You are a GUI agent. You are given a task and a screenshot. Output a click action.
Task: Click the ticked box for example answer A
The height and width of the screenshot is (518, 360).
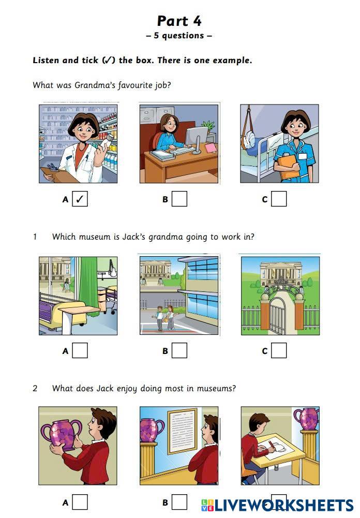[80, 199]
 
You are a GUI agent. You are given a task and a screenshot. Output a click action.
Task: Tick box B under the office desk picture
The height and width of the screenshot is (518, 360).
[179, 199]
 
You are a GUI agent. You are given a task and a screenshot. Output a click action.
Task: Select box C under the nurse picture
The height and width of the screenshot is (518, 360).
[279, 199]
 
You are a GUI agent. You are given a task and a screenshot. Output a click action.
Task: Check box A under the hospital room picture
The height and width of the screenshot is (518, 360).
[80, 350]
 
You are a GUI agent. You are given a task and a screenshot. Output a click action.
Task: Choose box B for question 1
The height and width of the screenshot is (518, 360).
[179, 350]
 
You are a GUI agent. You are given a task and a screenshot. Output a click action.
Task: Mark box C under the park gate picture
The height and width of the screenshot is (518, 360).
[279, 350]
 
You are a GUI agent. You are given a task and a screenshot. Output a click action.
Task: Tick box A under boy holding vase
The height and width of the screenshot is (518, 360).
[80, 502]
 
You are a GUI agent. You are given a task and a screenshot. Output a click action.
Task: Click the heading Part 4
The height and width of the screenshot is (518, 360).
[179, 21]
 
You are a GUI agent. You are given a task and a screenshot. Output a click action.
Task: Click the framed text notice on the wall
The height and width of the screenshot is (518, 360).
[182, 431]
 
